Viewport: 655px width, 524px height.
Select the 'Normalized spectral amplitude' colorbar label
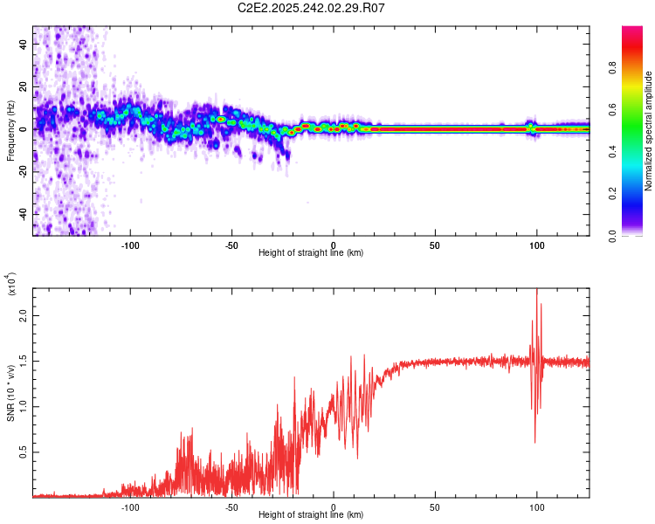[649, 132]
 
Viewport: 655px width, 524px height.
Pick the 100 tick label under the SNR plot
[536, 506]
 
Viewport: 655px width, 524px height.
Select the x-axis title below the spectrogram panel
[311, 253]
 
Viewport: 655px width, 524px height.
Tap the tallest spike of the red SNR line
[536, 291]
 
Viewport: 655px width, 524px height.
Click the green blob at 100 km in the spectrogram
[530, 128]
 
